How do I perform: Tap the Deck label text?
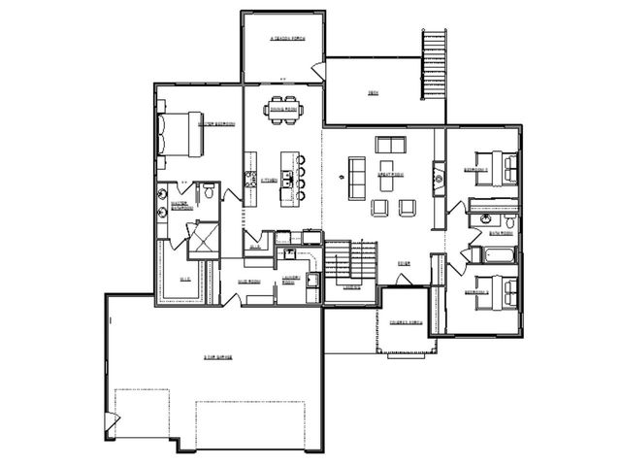point(372,93)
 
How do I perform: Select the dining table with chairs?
point(283,109)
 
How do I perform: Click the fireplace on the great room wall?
point(440,179)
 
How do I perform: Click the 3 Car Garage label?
point(215,356)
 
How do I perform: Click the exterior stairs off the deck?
point(434,64)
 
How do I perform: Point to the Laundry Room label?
point(290,280)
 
